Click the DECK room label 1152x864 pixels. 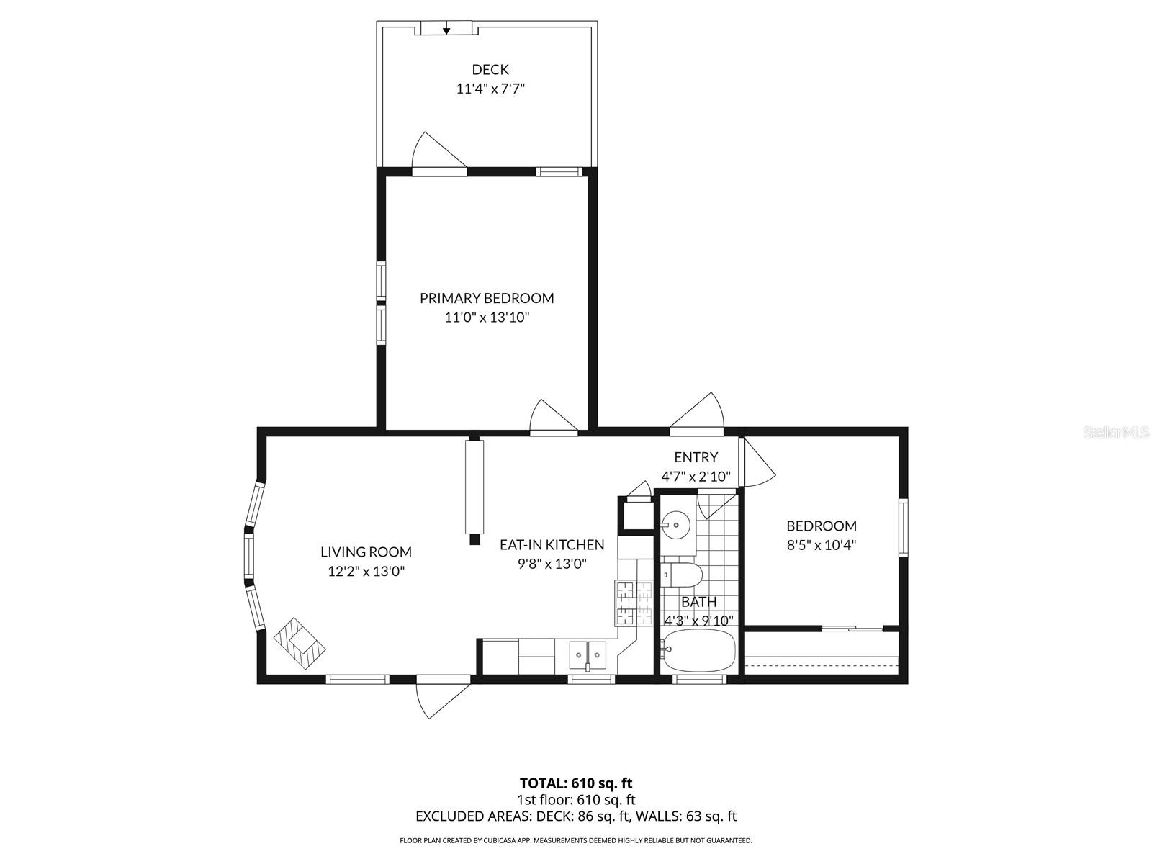tap(490, 70)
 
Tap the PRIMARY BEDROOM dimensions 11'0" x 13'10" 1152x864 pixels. tap(487, 318)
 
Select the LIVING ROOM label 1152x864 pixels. tap(366, 552)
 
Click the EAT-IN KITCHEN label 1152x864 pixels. tap(552, 545)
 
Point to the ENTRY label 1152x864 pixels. tap(696, 457)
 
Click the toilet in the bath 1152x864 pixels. tap(683, 575)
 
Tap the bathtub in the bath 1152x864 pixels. tap(698, 649)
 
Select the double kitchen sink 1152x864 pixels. tap(588, 654)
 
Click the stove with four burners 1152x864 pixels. tap(633, 603)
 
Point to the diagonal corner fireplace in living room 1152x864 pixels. tap(300, 642)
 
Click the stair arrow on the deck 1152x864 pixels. tap(446, 28)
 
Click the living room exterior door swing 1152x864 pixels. tap(441, 698)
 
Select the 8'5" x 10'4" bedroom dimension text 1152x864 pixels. tap(821, 546)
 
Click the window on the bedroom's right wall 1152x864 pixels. tap(903, 528)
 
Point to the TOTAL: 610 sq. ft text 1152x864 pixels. tap(576, 783)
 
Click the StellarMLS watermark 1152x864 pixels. tap(1116, 433)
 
